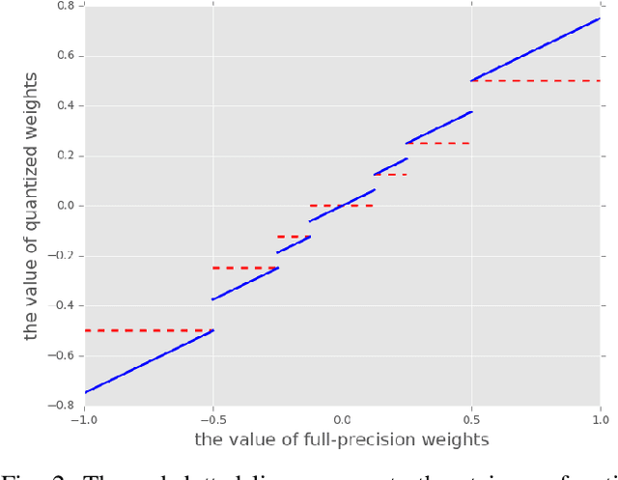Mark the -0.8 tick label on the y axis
point(64,406)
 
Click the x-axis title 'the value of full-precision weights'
point(342,440)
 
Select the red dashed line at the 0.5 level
point(536,81)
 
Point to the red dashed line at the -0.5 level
point(149,330)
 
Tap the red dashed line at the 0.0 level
point(342,206)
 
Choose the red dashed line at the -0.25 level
point(245,268)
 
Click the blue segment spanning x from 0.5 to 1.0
point(536,49)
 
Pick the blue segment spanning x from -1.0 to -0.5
point(149,361)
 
